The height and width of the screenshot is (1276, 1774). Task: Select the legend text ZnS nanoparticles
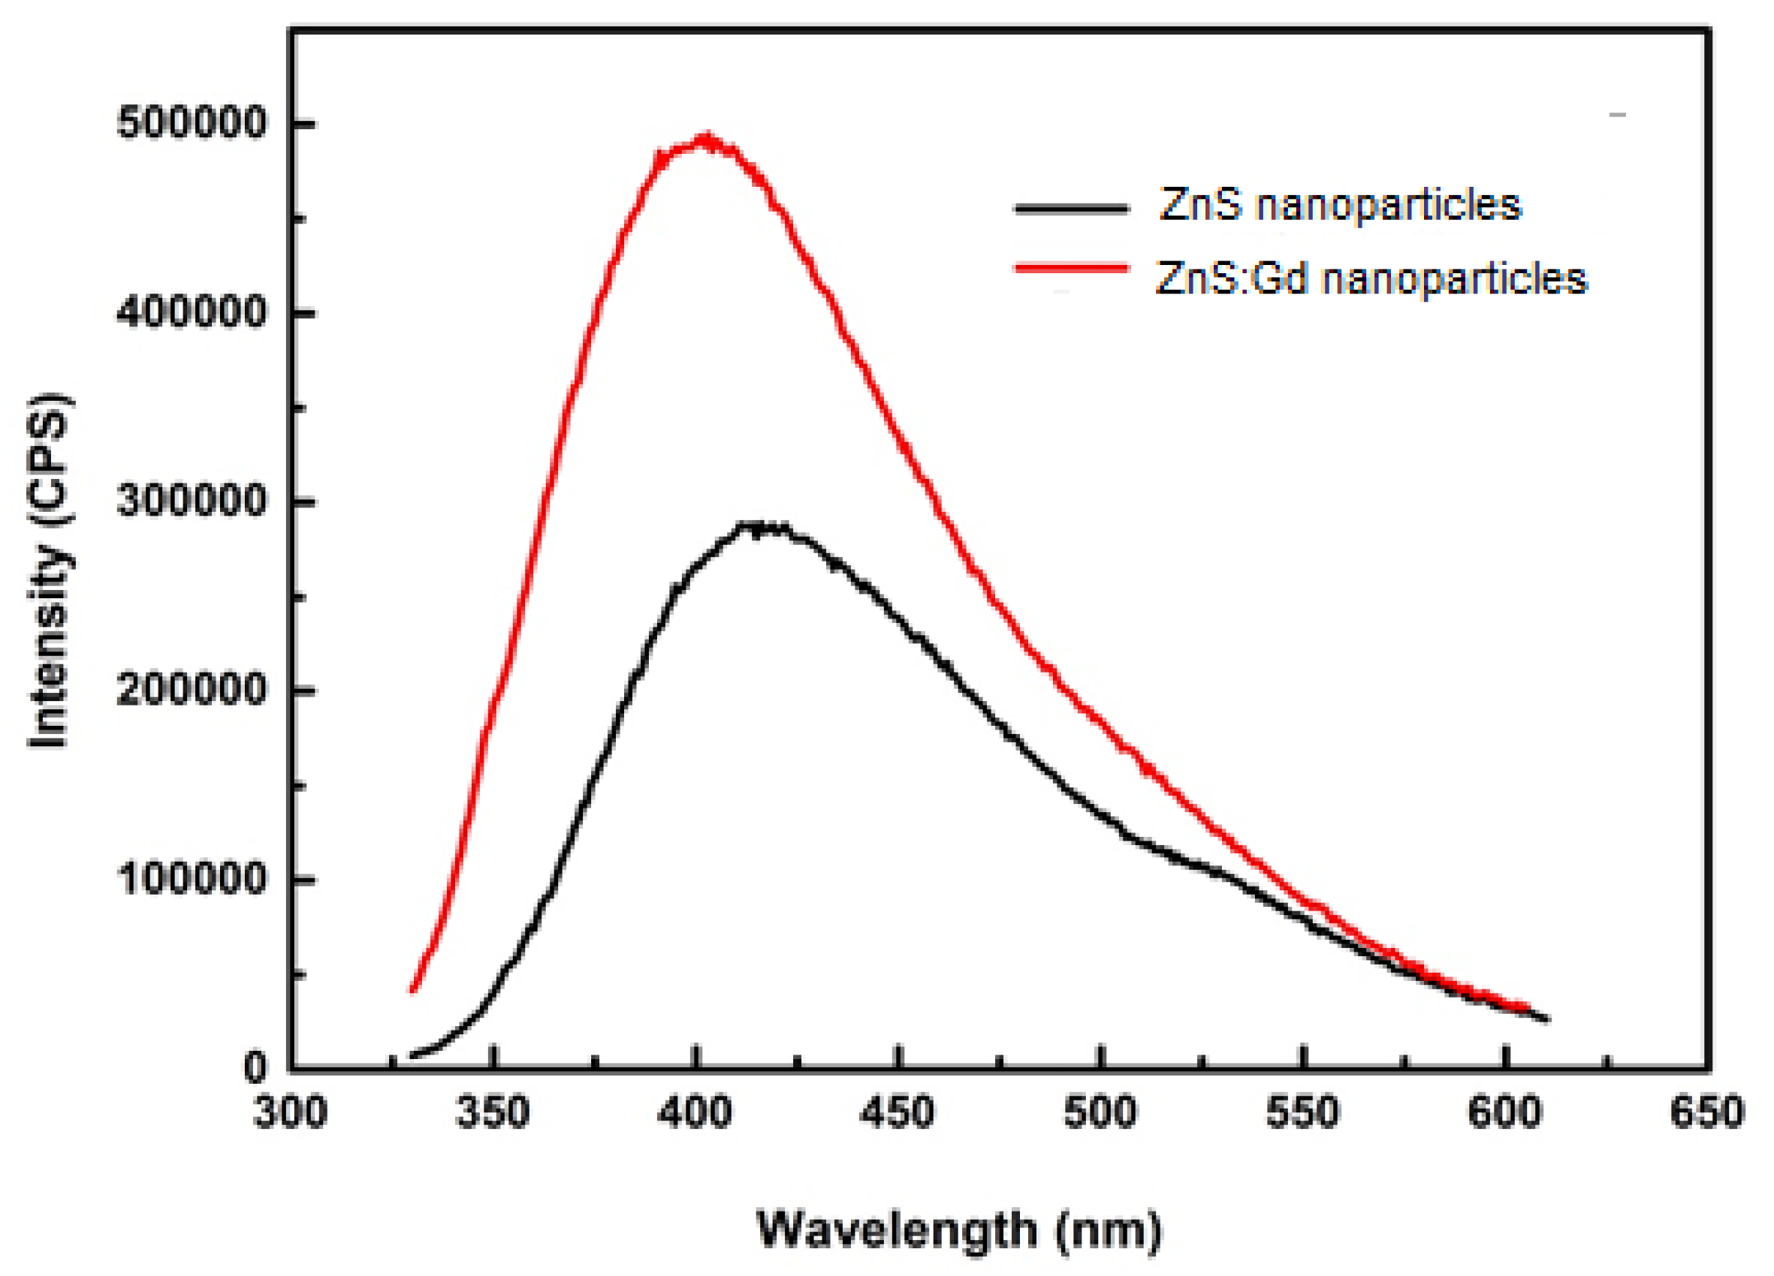(x=1340, y=206)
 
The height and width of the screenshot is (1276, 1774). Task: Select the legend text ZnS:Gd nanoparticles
(x=1371, y=279)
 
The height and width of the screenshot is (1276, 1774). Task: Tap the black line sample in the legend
(x=1072, y=208)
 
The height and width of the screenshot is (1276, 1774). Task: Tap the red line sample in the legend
(x=1072, y=268)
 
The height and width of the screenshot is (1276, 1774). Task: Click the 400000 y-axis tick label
(x=192, y=313)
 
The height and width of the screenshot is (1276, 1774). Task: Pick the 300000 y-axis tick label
(x=192, y=501)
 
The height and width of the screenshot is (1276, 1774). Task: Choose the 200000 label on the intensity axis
(x=192, y=691)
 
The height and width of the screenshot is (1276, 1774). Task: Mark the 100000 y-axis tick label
(x=192, y=879)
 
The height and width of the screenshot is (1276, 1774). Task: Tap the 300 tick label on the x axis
(x=289, y=1112)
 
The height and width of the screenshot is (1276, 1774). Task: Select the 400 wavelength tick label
(x=695, y=1112)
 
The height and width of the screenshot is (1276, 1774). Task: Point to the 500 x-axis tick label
(x=1100, y=1112)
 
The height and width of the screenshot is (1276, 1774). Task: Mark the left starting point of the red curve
(x=413, y=991)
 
